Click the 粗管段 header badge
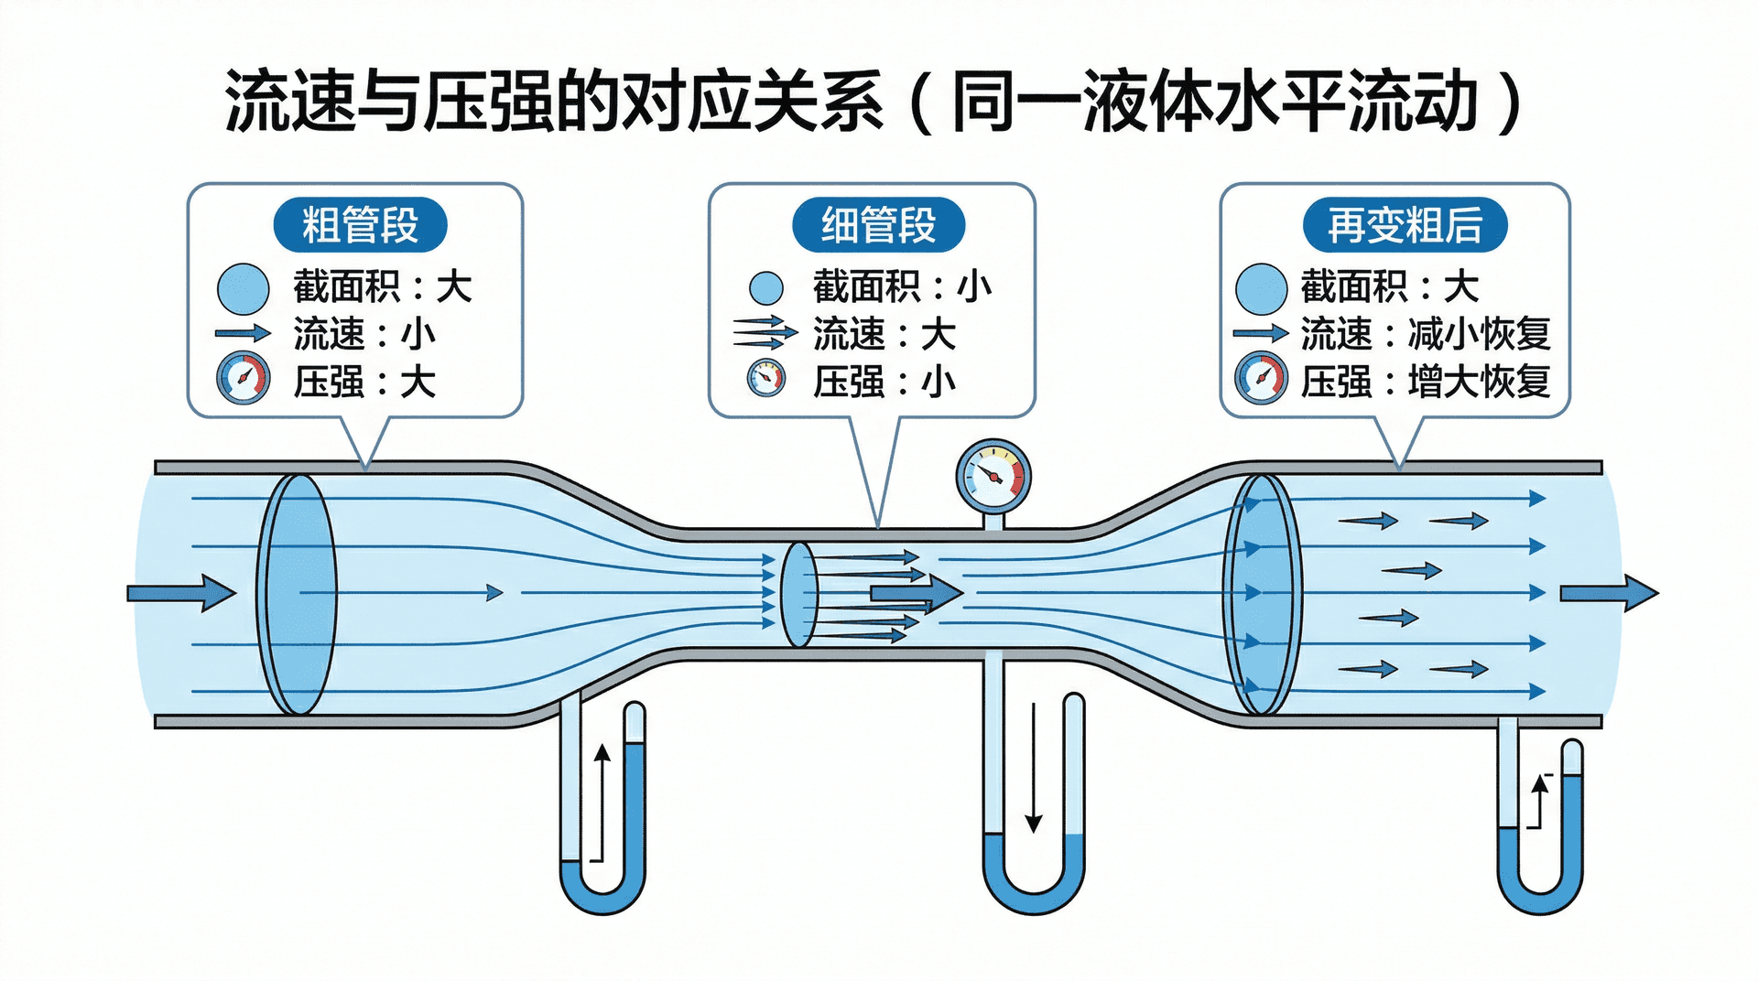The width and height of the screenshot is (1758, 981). click(x=360, y=225)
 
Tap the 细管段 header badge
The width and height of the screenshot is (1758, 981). click(x=878, y=225)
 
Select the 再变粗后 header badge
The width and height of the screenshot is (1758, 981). click(x=1405, y=225)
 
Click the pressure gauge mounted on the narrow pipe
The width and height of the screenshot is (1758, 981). click(x=993, y=477)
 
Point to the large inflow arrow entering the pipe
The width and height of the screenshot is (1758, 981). click(x=181, y=593)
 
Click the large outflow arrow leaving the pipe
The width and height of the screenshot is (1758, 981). click(x=1609, y=593)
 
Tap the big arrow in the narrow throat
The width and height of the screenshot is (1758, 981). click(x=916, y=593)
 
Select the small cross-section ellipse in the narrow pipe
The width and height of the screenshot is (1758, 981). click(x=798, y=594)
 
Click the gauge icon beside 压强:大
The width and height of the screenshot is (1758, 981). click(x=244, y=378)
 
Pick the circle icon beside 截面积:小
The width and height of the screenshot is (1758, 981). click(x=766, y=287)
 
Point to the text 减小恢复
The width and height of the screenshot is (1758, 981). click(x=1479, y=334)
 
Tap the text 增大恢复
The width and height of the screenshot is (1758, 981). click(x=1479, y=382)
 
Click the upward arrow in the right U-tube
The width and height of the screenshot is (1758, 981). click(x=1540, y=802)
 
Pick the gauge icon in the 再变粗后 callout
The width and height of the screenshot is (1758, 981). click(x=1262, y=378)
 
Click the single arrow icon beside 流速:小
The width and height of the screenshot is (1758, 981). click(x=243, y=333)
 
